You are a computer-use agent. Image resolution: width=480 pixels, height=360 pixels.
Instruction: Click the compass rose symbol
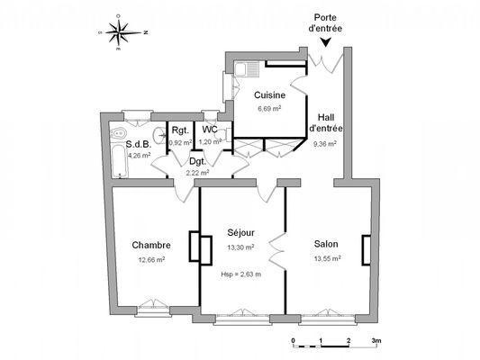point(120,33)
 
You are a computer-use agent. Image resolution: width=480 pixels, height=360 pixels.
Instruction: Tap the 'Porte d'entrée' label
point(325,22)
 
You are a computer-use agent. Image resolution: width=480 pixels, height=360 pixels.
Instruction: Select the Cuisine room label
point(269,95)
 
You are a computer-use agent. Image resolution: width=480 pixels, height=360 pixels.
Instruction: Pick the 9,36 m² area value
point(324,142)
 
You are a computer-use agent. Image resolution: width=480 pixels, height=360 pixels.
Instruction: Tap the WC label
point(209,130)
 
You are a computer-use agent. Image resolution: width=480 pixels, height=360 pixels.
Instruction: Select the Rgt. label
point(180,130)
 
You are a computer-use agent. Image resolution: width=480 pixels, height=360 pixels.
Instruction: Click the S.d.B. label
point(138,144)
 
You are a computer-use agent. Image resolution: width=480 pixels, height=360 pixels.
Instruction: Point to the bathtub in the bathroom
point(116,153)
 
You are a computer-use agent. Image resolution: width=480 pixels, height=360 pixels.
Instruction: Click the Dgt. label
point(197,162)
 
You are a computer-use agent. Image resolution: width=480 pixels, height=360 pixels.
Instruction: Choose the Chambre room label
point(150,246)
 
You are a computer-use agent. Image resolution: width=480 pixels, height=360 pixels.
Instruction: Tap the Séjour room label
point(240,233)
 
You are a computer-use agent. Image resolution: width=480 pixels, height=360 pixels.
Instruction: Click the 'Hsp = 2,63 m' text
point(240,274)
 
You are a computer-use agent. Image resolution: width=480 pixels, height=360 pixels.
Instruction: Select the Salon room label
point(326,245)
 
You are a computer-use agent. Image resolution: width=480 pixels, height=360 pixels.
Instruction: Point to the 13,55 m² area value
point(326,258)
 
